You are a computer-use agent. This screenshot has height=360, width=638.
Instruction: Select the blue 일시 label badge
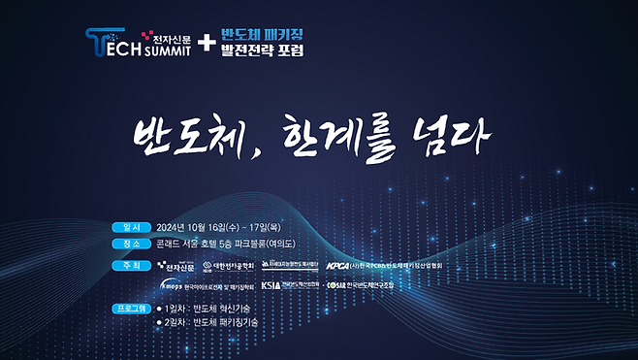(132, 229)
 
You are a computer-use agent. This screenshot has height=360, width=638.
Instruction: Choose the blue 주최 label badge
(132, 265)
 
